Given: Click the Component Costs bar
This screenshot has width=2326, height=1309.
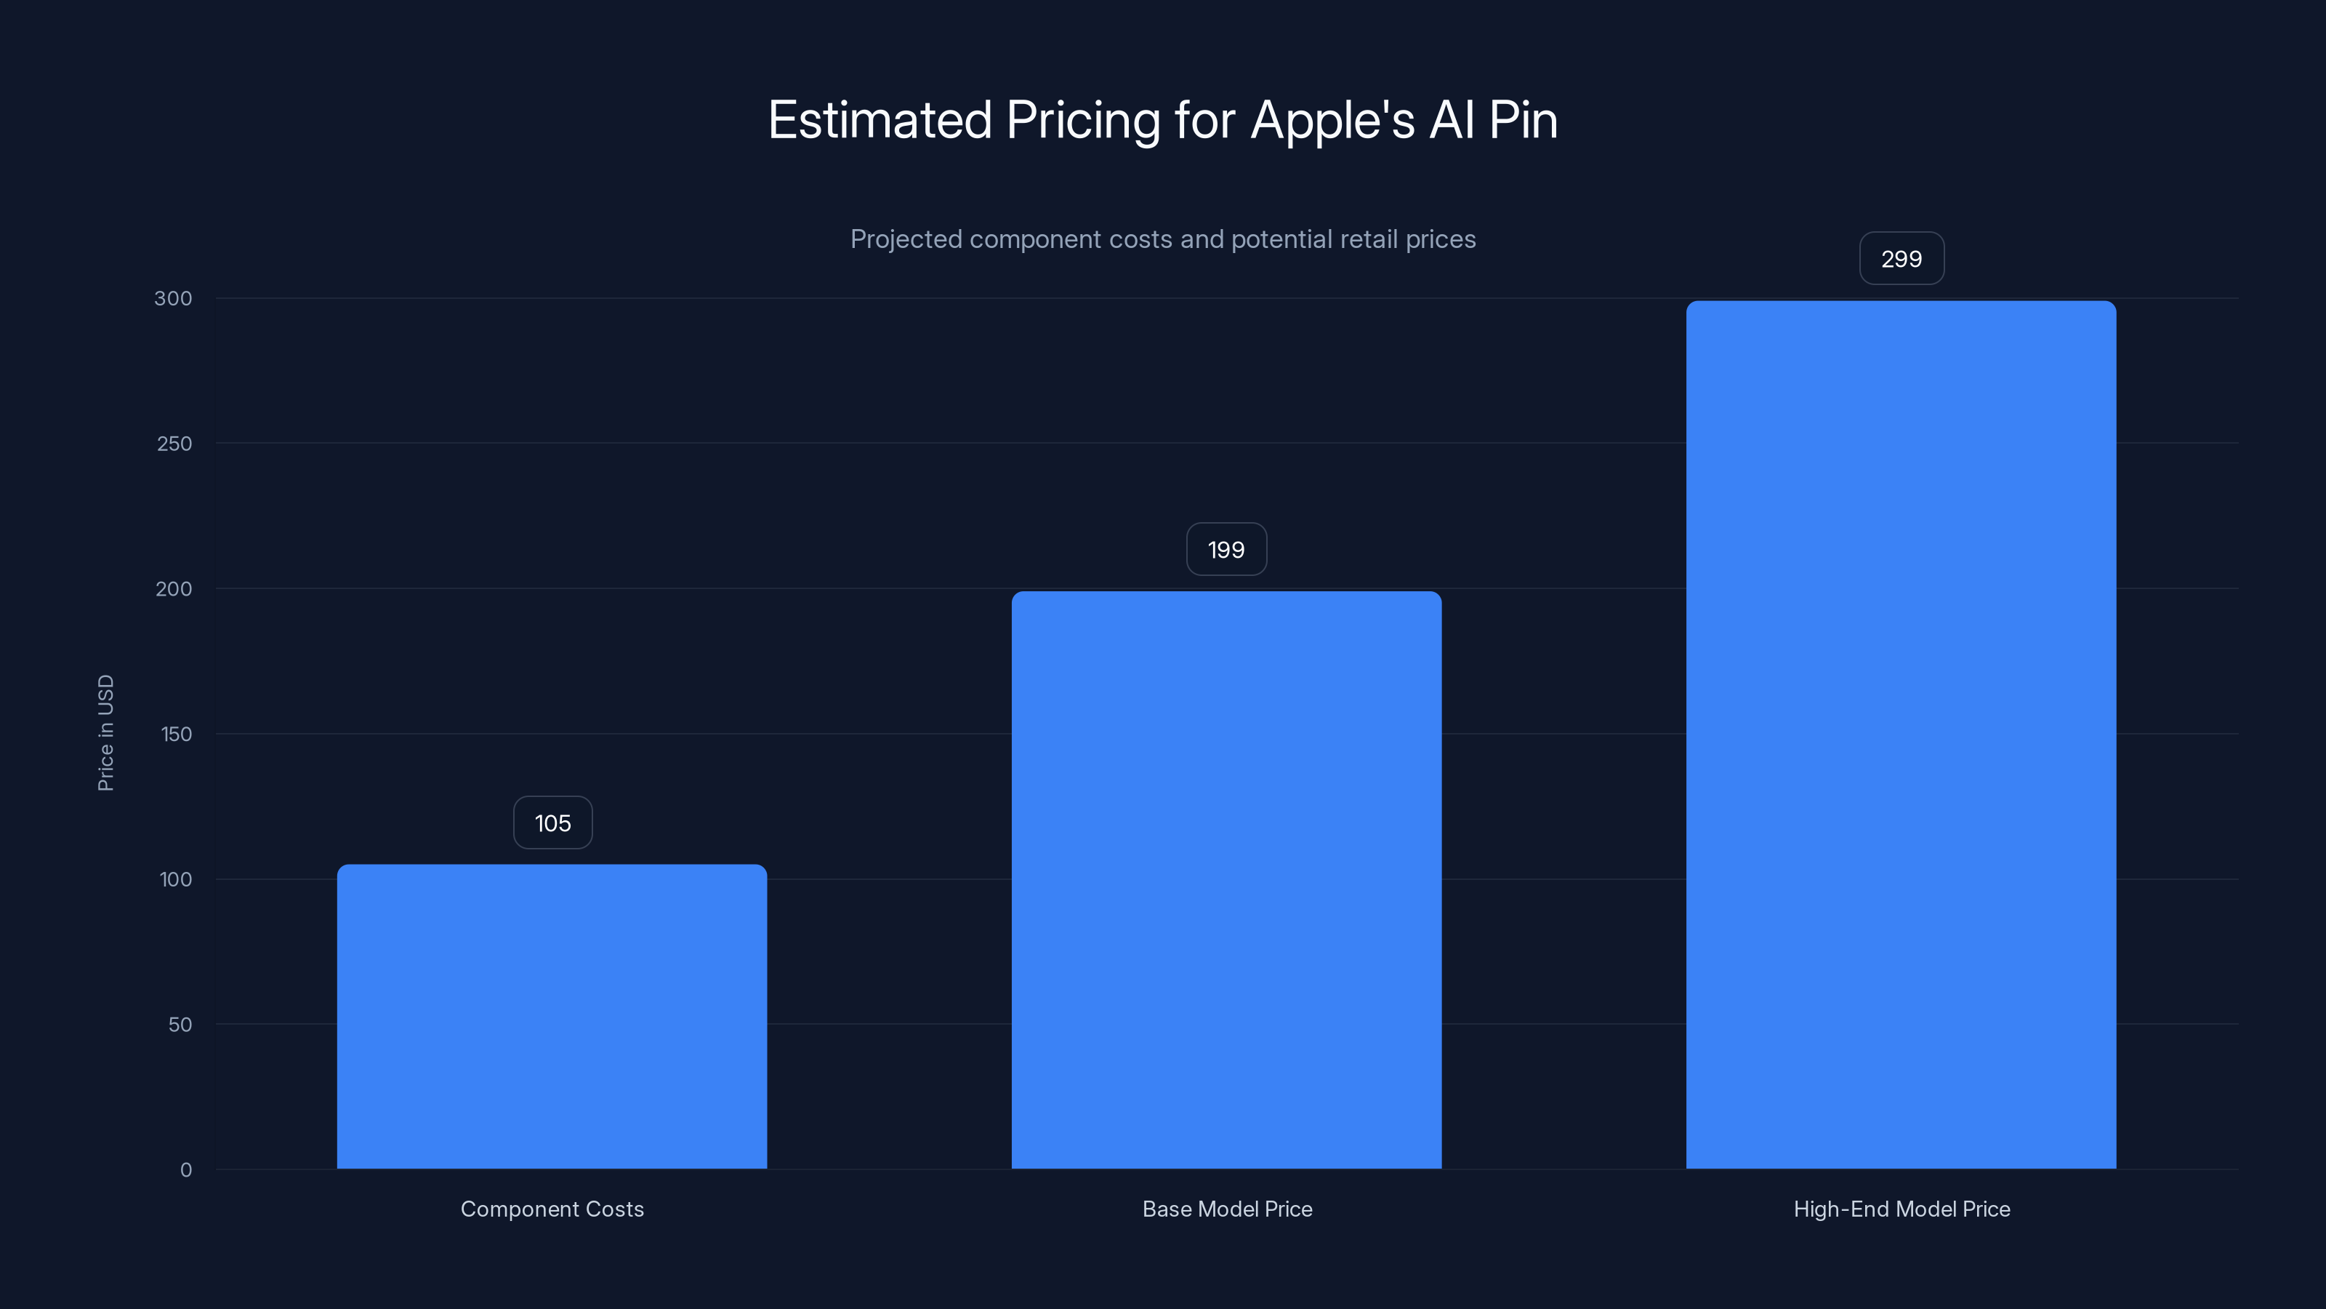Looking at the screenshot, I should point(552,1017).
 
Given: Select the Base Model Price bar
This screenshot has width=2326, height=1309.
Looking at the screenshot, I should point(1226,880).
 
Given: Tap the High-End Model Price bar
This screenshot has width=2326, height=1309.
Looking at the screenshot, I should point(1901,734).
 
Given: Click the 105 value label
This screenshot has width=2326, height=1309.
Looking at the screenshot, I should point(552,823).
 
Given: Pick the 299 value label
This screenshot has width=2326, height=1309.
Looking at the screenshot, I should point(1902,260).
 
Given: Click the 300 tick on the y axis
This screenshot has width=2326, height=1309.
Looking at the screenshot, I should point(174,298).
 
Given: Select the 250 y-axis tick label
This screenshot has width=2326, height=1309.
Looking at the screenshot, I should point(174,444).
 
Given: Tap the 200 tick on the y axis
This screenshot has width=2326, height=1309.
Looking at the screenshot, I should point(174,589).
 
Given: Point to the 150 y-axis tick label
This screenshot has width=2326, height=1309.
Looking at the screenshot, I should point(176,734).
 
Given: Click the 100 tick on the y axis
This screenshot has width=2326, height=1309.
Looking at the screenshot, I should point(175,879).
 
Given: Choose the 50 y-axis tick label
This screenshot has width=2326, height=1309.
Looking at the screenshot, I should point(180,1025).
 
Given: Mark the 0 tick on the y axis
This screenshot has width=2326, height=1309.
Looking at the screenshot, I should point(186,1170).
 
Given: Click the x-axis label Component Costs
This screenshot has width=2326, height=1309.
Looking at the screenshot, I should point(552,1209).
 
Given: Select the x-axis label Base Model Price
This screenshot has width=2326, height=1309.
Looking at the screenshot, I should point(1227,1209).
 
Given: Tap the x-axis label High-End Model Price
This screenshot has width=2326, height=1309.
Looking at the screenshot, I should point(1902,1209).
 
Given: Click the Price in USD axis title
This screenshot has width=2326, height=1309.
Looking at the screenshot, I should point(105,732).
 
